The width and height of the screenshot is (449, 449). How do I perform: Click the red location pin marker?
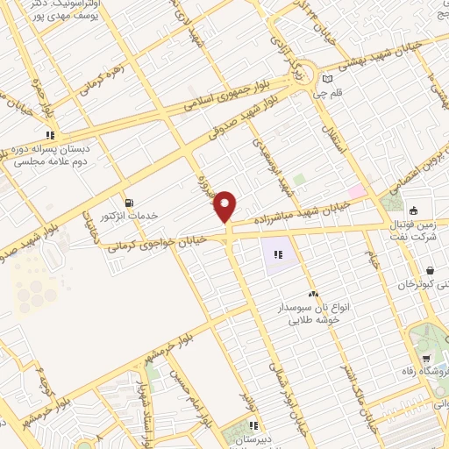click(x=226, y=205)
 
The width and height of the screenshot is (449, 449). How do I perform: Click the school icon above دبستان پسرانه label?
click(x=51, y=135)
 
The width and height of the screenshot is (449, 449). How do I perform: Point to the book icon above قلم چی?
click(x=327, y=77)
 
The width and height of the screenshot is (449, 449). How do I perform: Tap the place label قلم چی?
click(x=339, y=89)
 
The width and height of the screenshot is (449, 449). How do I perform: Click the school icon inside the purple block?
click(x=278, y=254)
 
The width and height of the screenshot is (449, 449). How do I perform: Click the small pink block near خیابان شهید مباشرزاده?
click(x=356, y=191)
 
